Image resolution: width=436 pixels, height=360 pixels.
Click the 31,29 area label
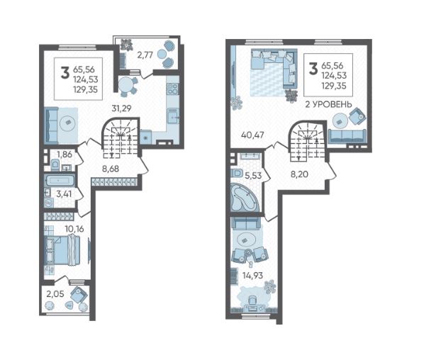pyautogui.click(x=121, y=108)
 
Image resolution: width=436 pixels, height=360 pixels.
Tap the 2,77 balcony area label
pyautogui.click(x=145, y=55)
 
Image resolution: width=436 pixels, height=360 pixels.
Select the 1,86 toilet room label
pyautogui.click(x=65, y=154)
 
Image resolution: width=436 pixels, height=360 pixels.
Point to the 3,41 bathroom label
pyautogui.click(x=64, y=193)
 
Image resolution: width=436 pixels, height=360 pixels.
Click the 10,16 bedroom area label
pyautogui.click(x=74, y=230)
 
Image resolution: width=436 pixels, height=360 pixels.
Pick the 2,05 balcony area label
pyautogui.click(x=55, y=293)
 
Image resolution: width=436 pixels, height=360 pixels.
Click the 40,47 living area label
pyautogui.click(x=252, y=135)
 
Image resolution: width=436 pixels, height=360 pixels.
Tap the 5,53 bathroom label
pyautogui.click(x=253, y=176)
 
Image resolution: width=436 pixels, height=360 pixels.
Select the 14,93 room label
pyautogui.click(x=252, y=276)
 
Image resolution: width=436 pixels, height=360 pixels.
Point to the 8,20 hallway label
pyautogui.click(x=300, y=174)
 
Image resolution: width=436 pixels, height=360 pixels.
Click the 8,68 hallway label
pyautogui.click(x=111, y=169)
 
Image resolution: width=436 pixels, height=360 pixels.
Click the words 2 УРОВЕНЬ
pyautogui.click(x=328, y=104)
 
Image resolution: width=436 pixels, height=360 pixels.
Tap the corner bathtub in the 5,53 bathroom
pyautogui.click(x=245, y=198)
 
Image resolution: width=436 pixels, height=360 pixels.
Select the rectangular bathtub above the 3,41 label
pyautogui.click(x=60, y=181)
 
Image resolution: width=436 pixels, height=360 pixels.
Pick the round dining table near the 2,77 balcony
pyautogui.click(x=126, y=84)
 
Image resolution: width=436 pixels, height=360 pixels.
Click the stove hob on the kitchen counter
pyautogui.click(x=172, y=89)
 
